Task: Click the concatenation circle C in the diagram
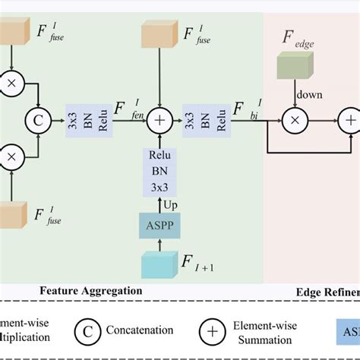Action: (x=36, y=119)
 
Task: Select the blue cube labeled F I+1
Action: (x=159, y=264)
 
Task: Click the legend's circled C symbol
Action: (x=87, y=331)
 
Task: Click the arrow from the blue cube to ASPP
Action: (x=158, y=242)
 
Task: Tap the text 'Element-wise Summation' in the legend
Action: (x=262, y=331)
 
